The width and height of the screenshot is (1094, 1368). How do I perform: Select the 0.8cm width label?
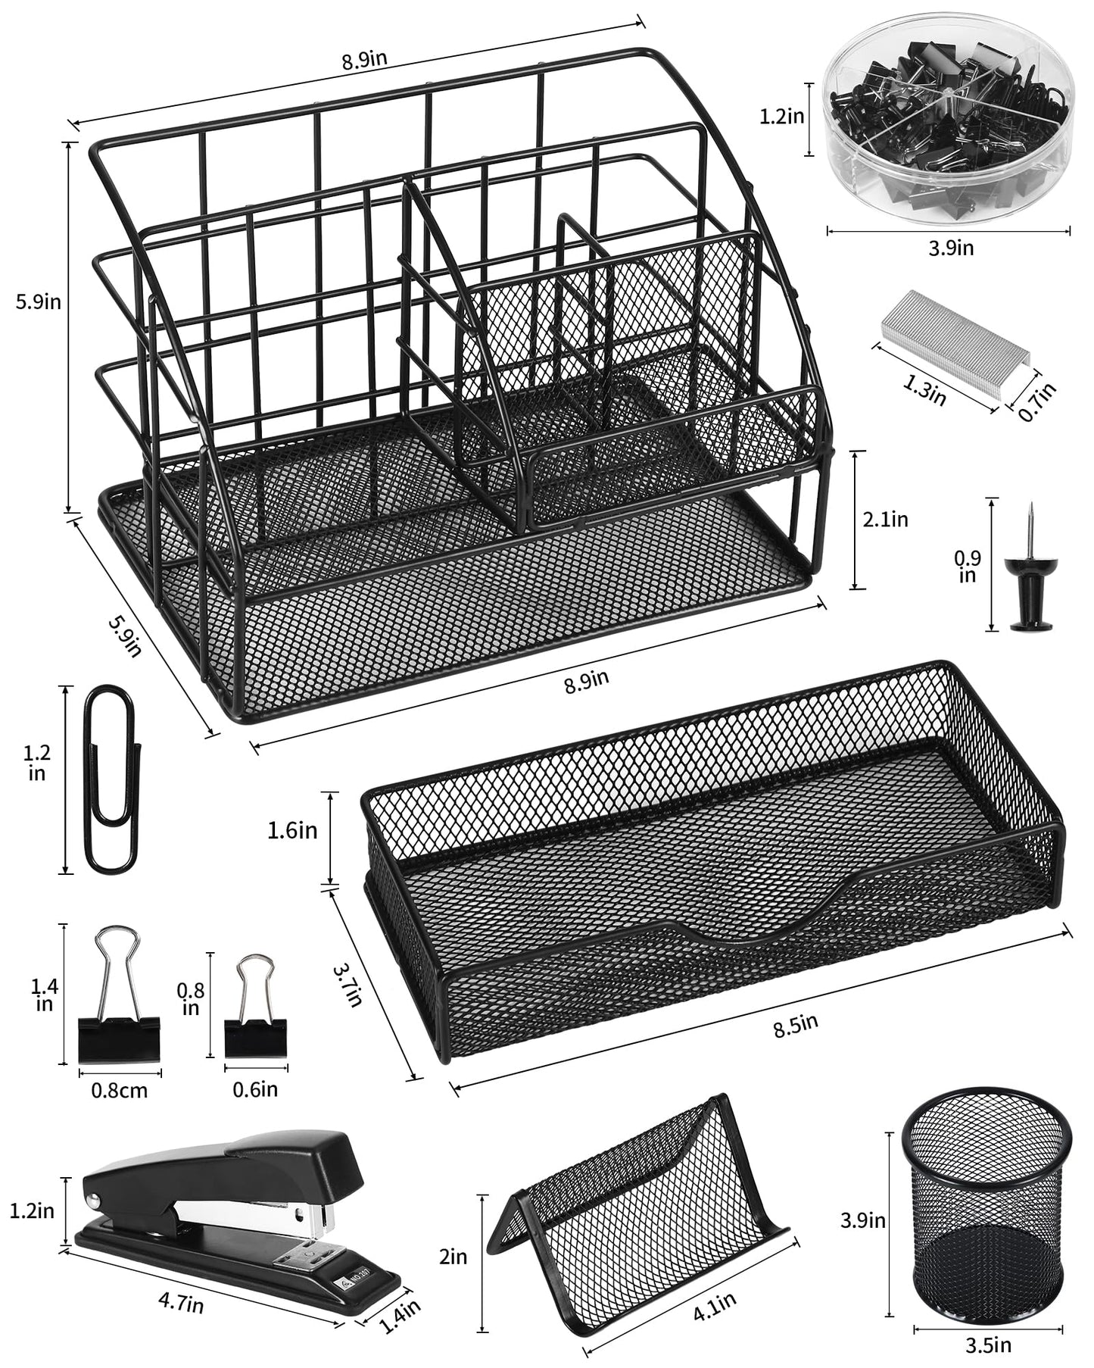[x=119, y=1091]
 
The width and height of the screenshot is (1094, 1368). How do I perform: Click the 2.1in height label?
[x=885, y=520]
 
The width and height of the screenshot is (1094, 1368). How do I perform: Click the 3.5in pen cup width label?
[x=988, y=1345]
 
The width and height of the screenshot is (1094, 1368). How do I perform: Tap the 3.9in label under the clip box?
[x=951, y=248]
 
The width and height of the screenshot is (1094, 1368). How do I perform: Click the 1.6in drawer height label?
[x=292, y=830]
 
